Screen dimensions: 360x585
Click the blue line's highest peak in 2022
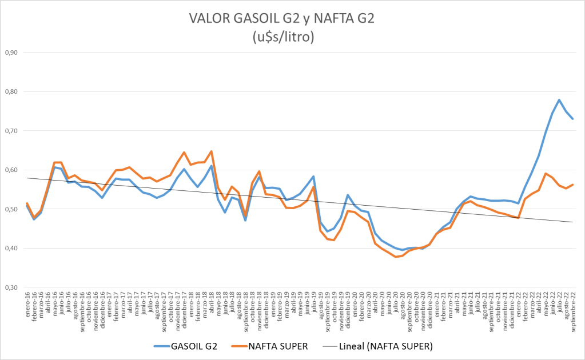tap(559, 100)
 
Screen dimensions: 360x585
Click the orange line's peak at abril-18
tap(212, 151)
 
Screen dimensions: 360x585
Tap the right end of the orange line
tap(573, 185)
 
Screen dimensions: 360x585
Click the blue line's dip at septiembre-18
tap(245, 220)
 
